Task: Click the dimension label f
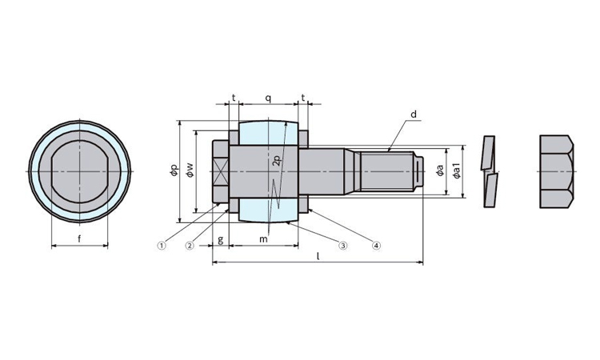tap(79, 238)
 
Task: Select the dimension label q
tap(269, 98)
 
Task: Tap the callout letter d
tap(414, 114)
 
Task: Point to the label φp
tap(174, 170)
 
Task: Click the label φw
tap(190, 170)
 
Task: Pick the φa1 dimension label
tap(457, 170)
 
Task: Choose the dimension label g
tap(221, 240)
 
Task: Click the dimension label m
tap(263, 239)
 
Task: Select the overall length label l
tap(318, 255)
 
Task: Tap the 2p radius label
tap(278, 160)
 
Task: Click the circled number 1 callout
tap(162, 246)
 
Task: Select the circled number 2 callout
tap(190, 246)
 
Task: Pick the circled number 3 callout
tap(343, 246)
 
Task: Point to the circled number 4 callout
tap(377, 246)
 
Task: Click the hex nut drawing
tap(557, 171)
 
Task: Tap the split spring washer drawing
tap(490, 171)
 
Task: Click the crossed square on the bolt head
tap(221, 171)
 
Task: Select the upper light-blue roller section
tap(269, 133)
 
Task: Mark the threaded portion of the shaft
tap(387, 171)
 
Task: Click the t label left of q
tap(234, 98)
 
